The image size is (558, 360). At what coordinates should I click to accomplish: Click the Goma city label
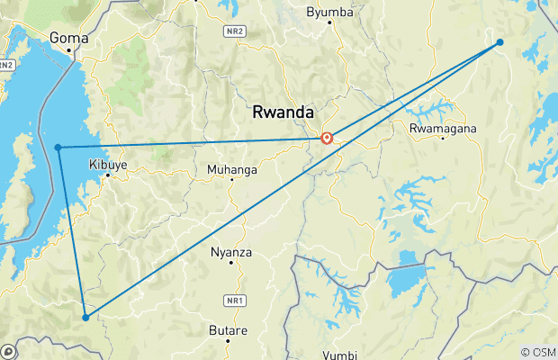tap(68, 38)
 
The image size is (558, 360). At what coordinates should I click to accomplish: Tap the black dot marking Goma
tap(68, 52)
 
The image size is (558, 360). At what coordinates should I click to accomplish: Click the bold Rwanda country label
tap(283, 112)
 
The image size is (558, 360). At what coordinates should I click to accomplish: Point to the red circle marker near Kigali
tap(328, 139)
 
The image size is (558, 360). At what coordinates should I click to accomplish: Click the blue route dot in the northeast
tap(499, 42)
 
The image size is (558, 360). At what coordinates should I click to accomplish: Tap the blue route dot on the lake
tap(58, 147)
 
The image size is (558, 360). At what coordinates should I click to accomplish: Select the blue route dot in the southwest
tap(85, 317)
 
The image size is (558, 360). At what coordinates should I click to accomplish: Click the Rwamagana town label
tap(442, 128)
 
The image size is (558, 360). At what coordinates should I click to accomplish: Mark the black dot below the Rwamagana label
tap(442, 139)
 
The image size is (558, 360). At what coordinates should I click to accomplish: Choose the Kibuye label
tap(108, 165)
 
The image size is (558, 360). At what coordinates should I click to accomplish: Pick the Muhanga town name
tap(231, 169)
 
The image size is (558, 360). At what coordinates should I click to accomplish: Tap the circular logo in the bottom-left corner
tap(8, 351)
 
